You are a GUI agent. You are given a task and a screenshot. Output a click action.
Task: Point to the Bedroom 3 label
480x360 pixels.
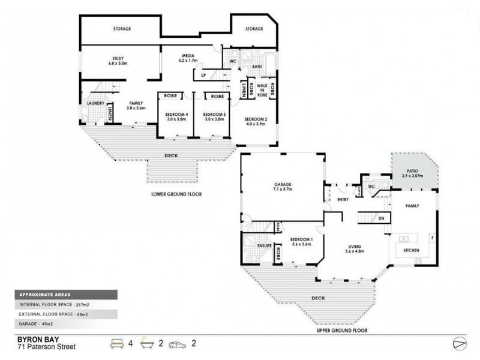point(213,116)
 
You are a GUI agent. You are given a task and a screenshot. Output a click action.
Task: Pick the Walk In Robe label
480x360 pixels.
point(262,90)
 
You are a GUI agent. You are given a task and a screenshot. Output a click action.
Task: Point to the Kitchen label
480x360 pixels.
point(411,250)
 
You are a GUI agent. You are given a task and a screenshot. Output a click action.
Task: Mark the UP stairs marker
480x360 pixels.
point(203,75)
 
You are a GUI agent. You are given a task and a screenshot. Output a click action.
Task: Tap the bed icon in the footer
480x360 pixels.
point(116,344)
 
